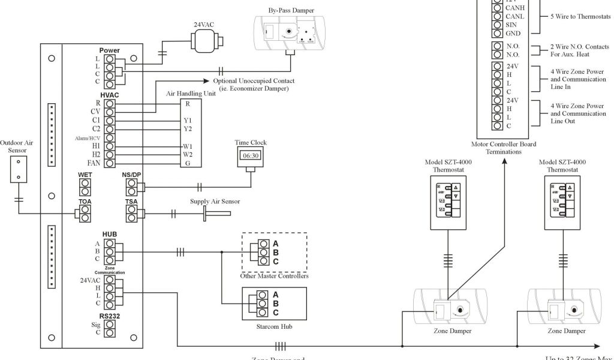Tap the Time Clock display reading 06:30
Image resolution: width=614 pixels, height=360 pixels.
[x=251, y=155]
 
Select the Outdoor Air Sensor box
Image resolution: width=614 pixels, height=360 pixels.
[x=19, y=169]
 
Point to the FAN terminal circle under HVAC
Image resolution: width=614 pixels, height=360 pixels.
[x=110, y=163]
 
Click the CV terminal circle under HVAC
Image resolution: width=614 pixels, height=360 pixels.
[x=110, y=112]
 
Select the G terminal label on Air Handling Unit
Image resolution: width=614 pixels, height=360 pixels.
[x=188, y=163]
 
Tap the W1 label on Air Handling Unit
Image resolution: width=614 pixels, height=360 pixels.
[x=188, y=146]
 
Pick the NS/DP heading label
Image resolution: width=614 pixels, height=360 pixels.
[x=131, y=175]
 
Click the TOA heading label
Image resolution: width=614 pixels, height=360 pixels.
[x=85, y=202]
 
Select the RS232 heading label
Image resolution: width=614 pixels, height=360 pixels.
[x=110, y=316]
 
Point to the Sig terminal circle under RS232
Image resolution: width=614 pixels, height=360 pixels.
[x=110, y=324]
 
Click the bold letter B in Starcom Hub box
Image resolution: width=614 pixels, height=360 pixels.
[x=276, y=304]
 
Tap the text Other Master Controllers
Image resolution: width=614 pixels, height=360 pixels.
[x=274, y=276]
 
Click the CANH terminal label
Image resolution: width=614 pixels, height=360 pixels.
[x=516, y=8]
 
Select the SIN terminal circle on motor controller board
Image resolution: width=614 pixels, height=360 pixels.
[x=496, y=25]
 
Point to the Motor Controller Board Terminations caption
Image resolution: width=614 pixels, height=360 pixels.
[x=504, y=148]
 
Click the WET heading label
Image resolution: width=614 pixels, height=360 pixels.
[x=85, y=175]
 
